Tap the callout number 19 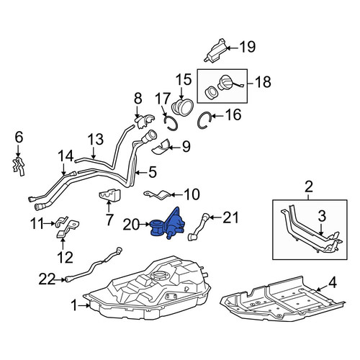(x=248, y=47)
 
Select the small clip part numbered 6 (x=19, y=166)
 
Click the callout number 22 (x=47, y=279)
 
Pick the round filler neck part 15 (x=182, y=107)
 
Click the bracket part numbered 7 (x=109, y=195)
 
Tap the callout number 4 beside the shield (x=333, y=283)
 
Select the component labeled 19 (x=215, y=51)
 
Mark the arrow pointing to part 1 (x=84, y=305)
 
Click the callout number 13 (x=96, y=140)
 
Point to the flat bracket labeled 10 (x=158, y=194)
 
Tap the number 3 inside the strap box (x=322, y=216)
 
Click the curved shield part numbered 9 (x=161, y=147)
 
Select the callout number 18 (x=264, y=81)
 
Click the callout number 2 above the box (x=309, y=187)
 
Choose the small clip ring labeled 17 (x=171, y=123)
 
